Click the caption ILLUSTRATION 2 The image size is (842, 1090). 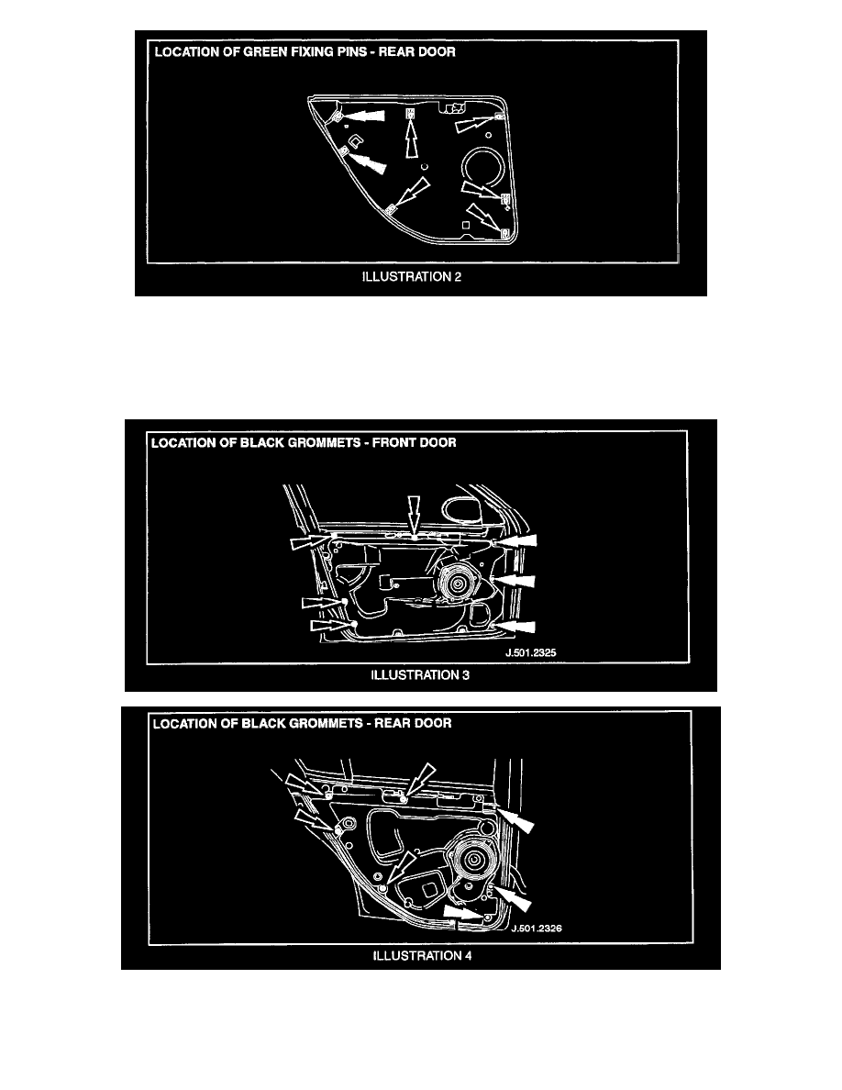[x=411, y=277]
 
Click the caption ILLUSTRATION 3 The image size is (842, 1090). [x=419, y=675]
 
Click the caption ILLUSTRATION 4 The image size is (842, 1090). [x=423, y=956]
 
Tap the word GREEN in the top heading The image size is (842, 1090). [x=263, y=52]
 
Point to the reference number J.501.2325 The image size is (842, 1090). [x=531, y=652]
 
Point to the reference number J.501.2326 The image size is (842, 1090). [x=537, y=928]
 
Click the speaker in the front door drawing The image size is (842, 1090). [x=457, y=584]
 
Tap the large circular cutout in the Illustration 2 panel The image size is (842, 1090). [x=484, y=170]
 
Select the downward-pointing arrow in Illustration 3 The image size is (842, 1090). [x=414, y=515]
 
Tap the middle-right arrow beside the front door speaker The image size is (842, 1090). [x=515, y=580]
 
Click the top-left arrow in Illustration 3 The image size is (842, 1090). [x=310, y=541]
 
